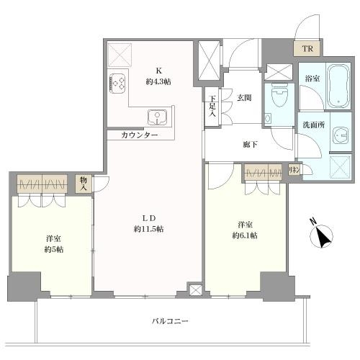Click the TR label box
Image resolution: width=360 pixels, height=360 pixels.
pos(307,49)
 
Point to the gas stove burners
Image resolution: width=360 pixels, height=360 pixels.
pos(117,83)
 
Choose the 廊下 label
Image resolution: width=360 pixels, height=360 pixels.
pos(250,143)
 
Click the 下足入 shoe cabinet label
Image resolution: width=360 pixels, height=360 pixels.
pos(212,108)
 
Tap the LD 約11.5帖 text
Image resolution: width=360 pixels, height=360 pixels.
pos(149,224)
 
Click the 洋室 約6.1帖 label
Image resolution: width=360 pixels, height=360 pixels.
pos(244,229)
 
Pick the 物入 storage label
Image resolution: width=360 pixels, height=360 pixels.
pos(84,184)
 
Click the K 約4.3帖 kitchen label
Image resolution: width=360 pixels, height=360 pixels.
pos(158,76)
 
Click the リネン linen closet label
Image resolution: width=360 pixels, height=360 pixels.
pos(294,170)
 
